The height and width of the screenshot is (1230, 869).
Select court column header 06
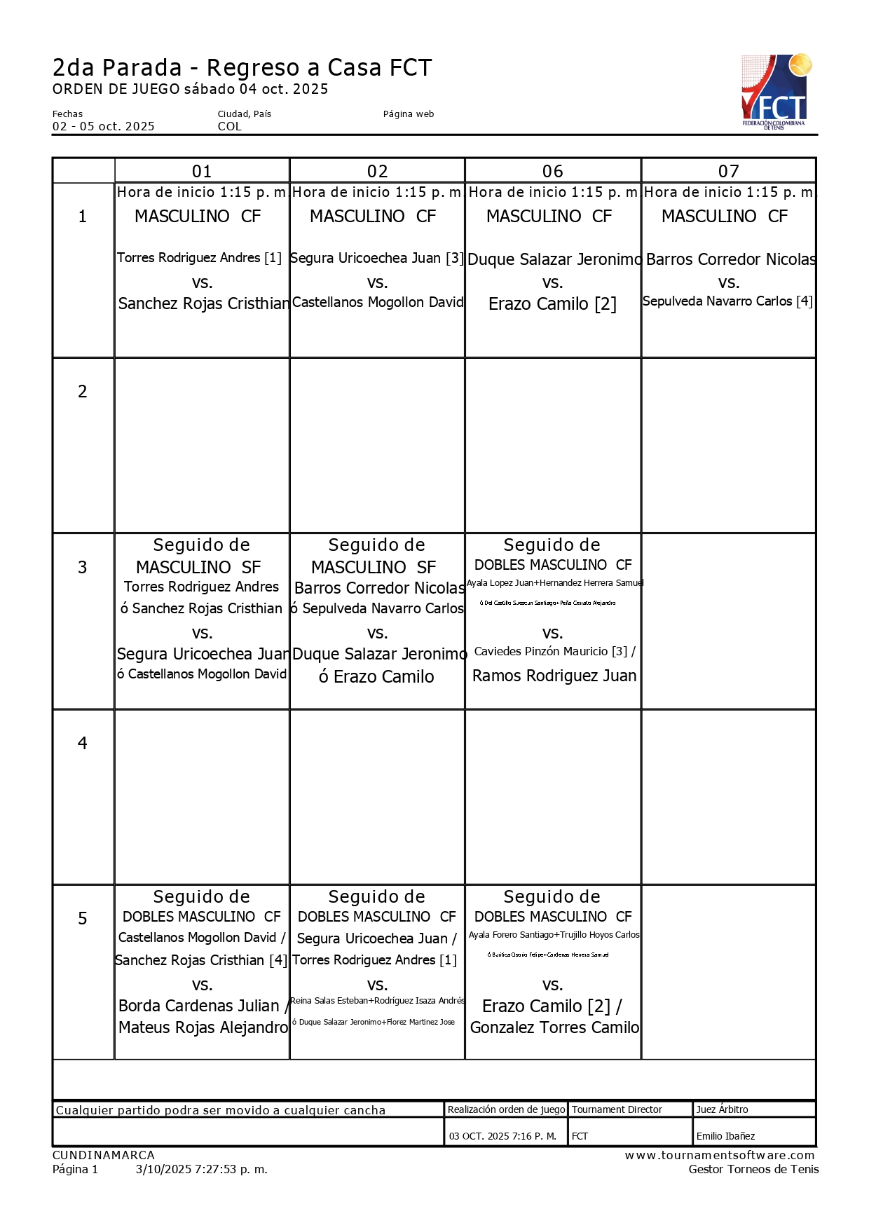tap(552, 171)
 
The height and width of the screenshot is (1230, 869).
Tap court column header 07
tap(728, 171)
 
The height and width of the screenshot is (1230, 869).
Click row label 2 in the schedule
tap(83, 391)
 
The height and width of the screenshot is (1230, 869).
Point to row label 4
tap(83, 743)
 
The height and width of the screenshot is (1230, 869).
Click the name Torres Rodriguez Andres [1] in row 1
tap(199, 258)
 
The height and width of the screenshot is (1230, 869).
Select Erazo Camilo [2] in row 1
tap(552, 304)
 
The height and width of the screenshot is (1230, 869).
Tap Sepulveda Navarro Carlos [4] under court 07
tap(727, 301)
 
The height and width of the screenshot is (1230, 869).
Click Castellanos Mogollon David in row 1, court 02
tap(377, 302)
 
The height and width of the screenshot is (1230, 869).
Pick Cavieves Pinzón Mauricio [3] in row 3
tap(551, 651)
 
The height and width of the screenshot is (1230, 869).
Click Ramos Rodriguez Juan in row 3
tap(554, 676)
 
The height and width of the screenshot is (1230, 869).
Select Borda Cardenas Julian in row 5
tap(199, 1006)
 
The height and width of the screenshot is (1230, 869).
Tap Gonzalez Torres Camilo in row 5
tap(554, 1027)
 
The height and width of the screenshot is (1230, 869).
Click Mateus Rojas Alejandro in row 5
tap(203, 1027)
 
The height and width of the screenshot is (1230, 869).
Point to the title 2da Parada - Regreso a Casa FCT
tap(242, 68)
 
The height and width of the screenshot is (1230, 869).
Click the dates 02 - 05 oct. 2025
tap(104, 126)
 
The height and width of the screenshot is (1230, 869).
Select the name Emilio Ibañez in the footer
tap(725, 1136)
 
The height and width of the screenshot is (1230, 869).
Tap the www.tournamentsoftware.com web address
tap(720, 1155)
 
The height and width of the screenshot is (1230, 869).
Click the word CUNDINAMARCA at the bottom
tap(104, 1155)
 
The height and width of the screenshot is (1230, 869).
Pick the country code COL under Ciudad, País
tap(229, 126)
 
